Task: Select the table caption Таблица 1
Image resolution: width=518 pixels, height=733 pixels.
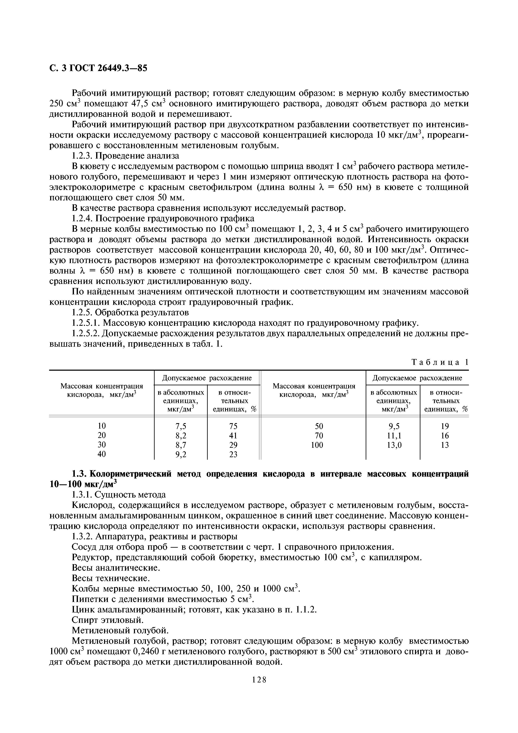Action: (440, 362)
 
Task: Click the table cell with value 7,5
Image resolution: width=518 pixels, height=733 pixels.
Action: (181, 426)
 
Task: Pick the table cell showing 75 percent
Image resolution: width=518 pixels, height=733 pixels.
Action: (233, 426)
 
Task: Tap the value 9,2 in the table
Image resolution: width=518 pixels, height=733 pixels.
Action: (181, 454)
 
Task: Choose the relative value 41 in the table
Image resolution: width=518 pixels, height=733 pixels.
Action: (233, 435)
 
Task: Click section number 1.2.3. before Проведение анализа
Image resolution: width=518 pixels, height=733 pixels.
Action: (82, 156)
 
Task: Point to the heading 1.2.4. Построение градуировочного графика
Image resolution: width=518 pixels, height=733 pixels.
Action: (163, 219)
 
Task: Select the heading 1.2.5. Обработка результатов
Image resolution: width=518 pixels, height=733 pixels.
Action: (130, 312)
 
